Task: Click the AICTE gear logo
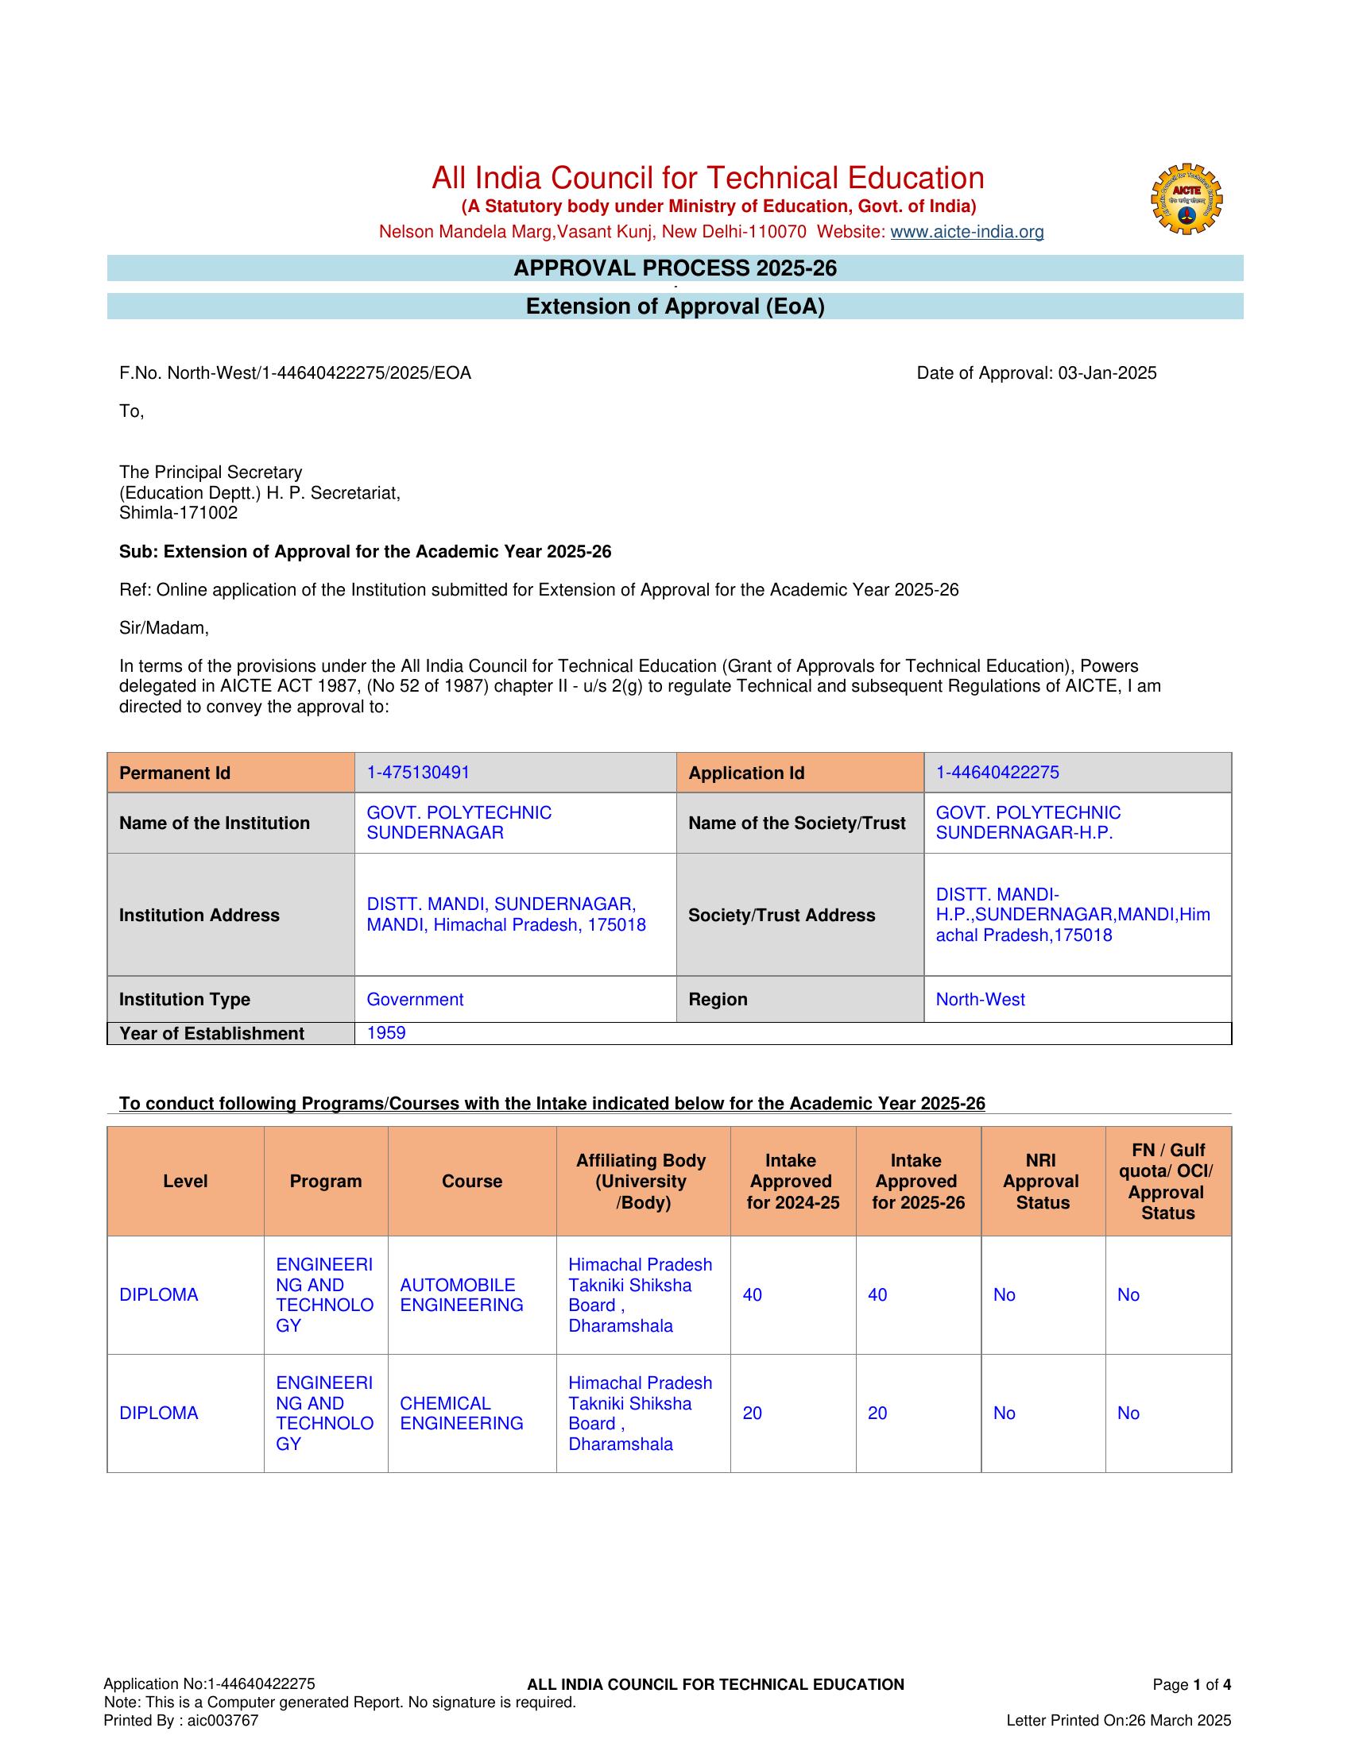click(1186, 199)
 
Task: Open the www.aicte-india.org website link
click(967, 232)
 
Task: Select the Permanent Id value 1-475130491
click(418, 772)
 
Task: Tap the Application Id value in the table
click(997, 772)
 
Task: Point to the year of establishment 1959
click(385, 1032)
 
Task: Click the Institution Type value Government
click(415, 999)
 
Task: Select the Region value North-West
click(980, 999)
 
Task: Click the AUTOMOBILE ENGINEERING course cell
click(461, 1295)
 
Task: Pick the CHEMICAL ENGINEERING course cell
click(461, 1413)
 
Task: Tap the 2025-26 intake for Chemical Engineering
click(877, 1413)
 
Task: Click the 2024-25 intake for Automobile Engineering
click(752, 1295)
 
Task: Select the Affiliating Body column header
click(641, 1182)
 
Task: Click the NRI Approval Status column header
click(1042, 1182)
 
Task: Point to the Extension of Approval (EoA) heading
click(675, 307)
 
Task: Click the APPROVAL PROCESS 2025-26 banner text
click(675, 268)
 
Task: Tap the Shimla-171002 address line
click(179, 513)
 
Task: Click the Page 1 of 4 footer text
click(1191, 1684)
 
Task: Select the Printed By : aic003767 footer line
click(181, 1721)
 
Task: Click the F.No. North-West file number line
click(295, 372)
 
